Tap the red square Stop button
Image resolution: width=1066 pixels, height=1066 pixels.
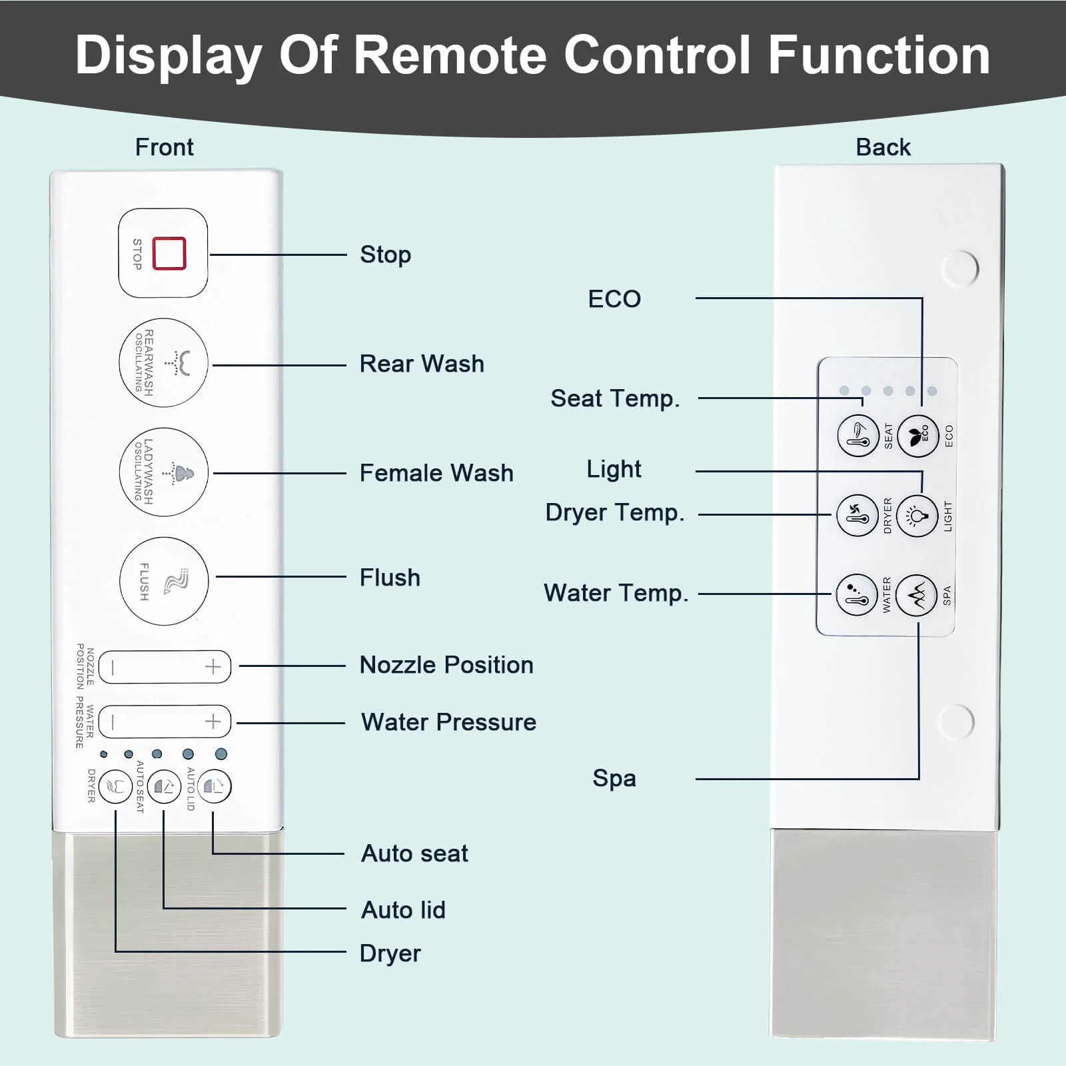pyautogui.click(x=169, y=253)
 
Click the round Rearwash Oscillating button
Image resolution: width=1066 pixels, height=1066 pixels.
pyautogui.click(x=163, y=363)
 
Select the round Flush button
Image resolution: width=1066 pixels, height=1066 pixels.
pyautogui.click(x=164, y=581)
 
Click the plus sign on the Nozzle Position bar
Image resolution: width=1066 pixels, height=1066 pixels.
pyautogui.click(x=213, y=667)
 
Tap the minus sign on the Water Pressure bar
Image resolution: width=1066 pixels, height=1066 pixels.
pyautogui.click(x=113, y=722)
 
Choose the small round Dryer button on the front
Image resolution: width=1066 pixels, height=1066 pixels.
pyautogui.click(x=115, y=787)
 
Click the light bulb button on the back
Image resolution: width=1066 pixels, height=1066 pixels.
pyautogui.click(x=917, y=516)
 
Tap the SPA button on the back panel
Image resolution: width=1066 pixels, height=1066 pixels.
pyautogui.click(x=917, y=595)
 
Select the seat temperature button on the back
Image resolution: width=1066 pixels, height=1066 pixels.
pyautogui.click(x=858, y=436)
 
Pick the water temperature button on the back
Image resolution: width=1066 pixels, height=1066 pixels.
pyautogui.click(x=857, y=595)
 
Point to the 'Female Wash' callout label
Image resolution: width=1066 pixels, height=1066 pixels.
pyautogui.click(x=436, y=473)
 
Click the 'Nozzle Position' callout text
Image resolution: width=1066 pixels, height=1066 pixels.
pyautogui.click(x=446, y=665)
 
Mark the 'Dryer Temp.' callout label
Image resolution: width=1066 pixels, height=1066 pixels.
pyautogui.click(x=614, y=513)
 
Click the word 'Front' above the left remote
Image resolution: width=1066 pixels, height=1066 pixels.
pyautogui.click(x=164, y=147)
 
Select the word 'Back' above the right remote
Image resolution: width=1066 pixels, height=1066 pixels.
pyautogui.click(x=883, y=147)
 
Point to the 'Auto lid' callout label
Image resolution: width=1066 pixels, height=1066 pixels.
pyautogui.click(x=403, y=910)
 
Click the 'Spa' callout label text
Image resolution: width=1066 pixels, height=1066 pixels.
pyautogui.click(x=614, y=778)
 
